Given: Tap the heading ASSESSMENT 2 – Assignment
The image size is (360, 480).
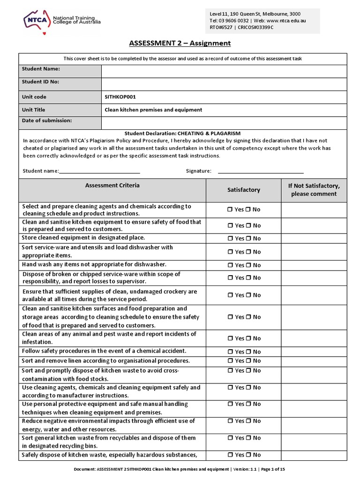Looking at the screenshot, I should point(180,44).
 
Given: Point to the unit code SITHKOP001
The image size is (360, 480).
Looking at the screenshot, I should point(120,97).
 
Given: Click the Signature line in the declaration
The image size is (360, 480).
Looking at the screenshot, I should point(261,171).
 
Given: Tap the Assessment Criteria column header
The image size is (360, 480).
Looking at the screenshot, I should point(112,186).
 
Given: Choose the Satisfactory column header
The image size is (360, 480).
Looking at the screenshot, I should point(243,190).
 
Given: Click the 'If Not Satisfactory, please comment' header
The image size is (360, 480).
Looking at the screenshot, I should point(314,190).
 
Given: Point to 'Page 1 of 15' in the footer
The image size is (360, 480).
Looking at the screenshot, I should point(279,469).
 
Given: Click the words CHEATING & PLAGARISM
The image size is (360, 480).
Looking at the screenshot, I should point(215,134).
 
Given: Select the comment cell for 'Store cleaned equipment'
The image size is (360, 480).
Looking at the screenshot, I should point(314,238).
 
